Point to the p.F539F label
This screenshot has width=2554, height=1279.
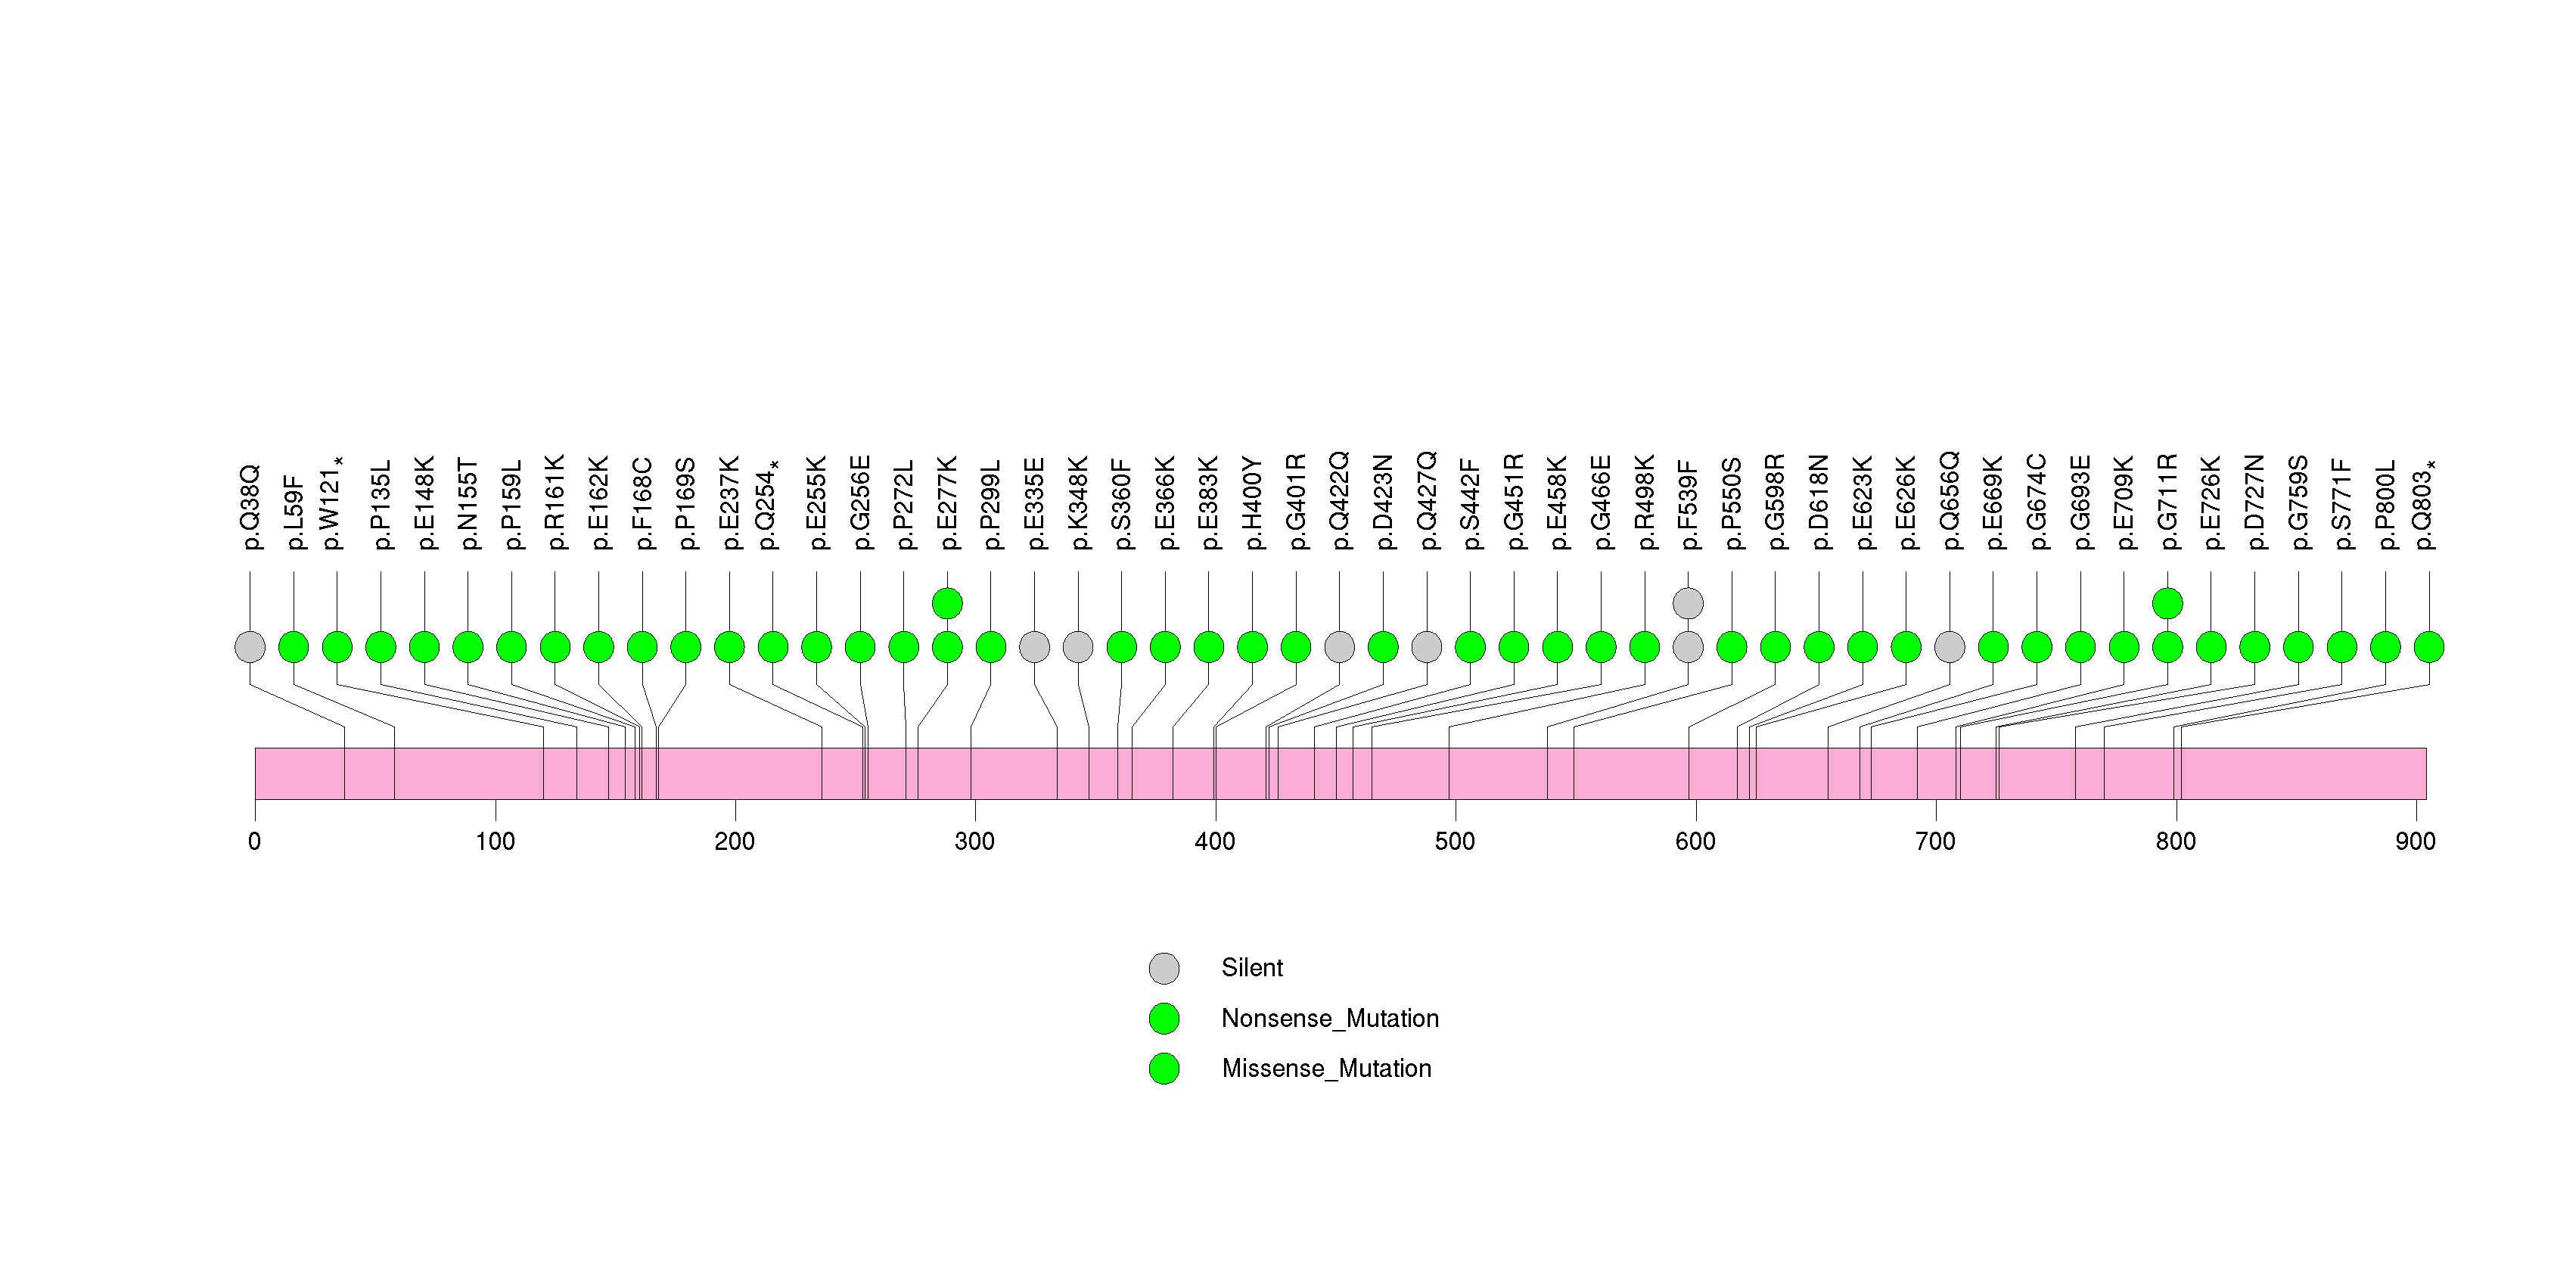1689,505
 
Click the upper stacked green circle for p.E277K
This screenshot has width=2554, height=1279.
948,603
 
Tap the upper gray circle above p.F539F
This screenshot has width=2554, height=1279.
1689,603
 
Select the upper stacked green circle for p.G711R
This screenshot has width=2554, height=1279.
2168,603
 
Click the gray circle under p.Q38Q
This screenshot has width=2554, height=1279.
250,647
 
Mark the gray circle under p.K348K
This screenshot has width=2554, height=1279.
1078,647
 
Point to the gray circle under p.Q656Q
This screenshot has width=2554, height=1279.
1950,647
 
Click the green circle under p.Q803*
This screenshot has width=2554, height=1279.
2429,647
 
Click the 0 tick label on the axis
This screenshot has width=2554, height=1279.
255,842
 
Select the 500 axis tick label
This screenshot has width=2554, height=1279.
1456,842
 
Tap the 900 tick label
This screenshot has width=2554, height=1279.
2416,842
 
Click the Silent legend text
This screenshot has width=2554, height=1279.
1252,968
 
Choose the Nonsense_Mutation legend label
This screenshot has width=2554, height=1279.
1329,1018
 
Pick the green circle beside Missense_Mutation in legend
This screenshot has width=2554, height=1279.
1164,1069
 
